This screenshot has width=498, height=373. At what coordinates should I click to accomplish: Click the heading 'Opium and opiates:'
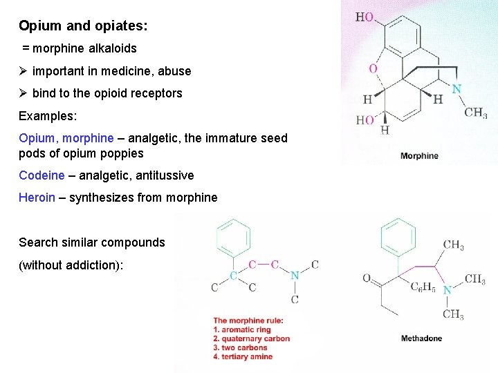[x=83, y=26]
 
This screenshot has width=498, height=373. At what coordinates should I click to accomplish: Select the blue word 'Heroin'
[x=37, y=198]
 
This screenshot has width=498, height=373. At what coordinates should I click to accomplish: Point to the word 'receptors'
[x=156, y=93]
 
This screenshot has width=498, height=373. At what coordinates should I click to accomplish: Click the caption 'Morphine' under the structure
[x=419, y=155]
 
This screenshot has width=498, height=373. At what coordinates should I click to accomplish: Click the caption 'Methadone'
[x=421, y=338]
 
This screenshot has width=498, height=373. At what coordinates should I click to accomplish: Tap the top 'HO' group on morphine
[x=365, y=17]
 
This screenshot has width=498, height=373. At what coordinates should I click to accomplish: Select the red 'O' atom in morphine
[x=373, y=68]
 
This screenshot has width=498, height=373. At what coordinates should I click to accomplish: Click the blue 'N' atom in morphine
[x=456, y=89]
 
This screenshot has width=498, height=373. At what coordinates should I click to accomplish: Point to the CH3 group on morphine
[x=475, y=113]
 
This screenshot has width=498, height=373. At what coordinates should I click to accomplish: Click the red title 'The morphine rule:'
[x=248, y=321]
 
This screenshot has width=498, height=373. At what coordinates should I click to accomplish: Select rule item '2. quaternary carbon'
[x=251, y=338]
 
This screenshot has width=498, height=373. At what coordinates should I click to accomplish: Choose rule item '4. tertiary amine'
[x=243, y=356]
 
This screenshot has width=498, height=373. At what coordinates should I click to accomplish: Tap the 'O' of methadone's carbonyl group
[x=367, y=279]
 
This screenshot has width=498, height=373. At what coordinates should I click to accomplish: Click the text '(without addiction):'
[x=71, y=265]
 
